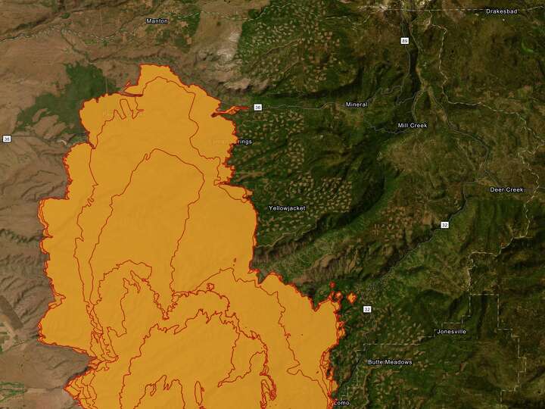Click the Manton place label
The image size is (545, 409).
click(157, 20)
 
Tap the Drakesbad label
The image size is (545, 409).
click(501, 12)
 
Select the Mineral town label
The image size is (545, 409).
click(356, 104)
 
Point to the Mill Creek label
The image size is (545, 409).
click(413, 125)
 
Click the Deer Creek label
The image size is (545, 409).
click(506, 189)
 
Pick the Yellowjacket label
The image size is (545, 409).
click(286, 208)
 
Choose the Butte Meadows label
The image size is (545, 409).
click(390, 362)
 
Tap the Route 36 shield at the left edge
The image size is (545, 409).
click(7, 139)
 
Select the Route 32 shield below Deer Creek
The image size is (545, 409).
click(446, 225)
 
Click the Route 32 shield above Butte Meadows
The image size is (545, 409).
click(367, 310)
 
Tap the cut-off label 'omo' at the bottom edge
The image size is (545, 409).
click(341, 403)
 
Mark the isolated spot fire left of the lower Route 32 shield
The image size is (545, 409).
click(351, 298)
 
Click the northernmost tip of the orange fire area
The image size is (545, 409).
click(144, 66)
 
